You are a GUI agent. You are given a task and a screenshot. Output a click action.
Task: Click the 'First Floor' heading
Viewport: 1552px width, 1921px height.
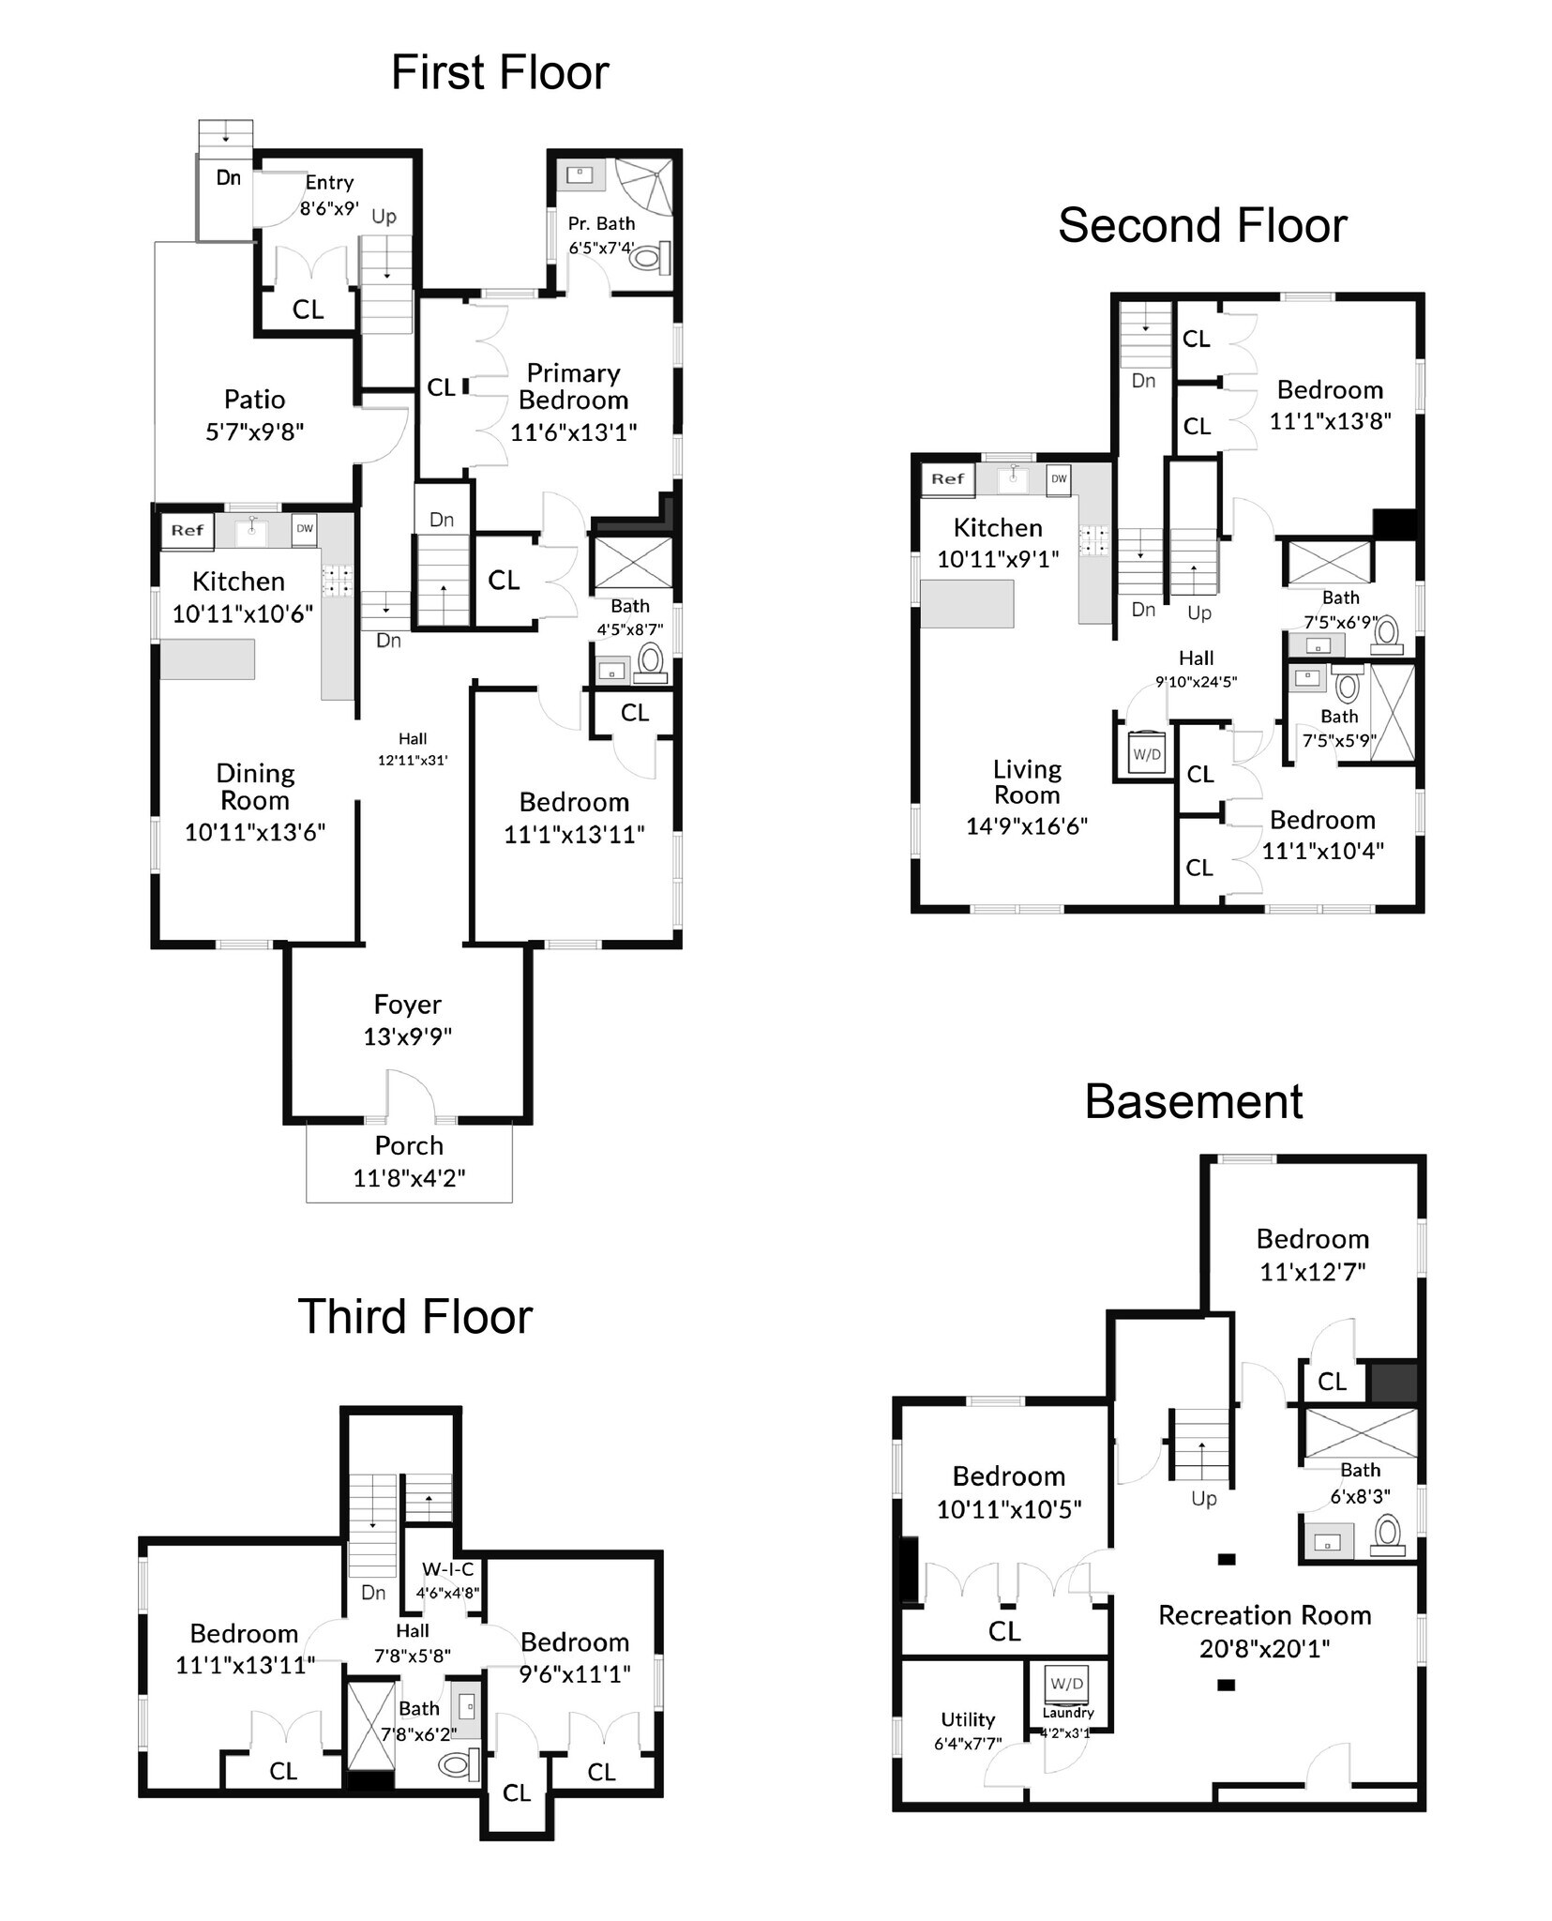[500, 72]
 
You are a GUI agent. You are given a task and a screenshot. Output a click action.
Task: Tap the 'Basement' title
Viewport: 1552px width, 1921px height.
[1194, 1101]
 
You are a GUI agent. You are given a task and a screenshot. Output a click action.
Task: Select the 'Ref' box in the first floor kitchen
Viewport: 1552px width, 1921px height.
[188, 530]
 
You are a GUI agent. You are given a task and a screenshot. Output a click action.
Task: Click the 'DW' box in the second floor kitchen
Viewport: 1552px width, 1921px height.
[1059, 478]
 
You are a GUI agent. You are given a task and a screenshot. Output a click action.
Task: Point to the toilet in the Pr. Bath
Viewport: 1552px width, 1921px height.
[648, 256]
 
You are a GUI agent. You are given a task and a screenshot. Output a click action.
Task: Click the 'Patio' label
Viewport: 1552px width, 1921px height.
[254, 400]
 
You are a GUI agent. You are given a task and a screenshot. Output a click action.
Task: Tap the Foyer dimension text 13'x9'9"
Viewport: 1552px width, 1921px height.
[408, 1036]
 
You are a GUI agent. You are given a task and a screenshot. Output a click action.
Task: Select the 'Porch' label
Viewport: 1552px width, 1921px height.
[409, 1145]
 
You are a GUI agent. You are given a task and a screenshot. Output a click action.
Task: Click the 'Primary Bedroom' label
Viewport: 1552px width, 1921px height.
[573, 386]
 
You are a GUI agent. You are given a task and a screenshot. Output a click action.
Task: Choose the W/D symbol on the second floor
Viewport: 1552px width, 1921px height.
[1147, 751]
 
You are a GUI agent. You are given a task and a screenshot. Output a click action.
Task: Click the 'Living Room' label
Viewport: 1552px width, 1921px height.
[1027, 782]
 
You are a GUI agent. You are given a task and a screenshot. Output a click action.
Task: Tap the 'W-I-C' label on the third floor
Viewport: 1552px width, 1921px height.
[447, 1569]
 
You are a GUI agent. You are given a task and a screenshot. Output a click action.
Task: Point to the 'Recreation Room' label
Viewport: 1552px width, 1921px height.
[1265, 1615]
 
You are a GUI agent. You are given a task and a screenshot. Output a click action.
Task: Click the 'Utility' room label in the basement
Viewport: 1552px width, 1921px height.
[968, 1719]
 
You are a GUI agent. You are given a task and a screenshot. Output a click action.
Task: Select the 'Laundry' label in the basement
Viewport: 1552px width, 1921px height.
[1068, 1713]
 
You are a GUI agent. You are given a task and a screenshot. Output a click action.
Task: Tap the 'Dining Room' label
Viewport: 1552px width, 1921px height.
[255, 787]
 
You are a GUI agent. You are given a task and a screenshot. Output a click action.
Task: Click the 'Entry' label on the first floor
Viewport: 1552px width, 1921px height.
[329, 183]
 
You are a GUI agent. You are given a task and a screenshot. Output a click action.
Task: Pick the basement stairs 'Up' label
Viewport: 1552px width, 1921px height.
[1204, 1499]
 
